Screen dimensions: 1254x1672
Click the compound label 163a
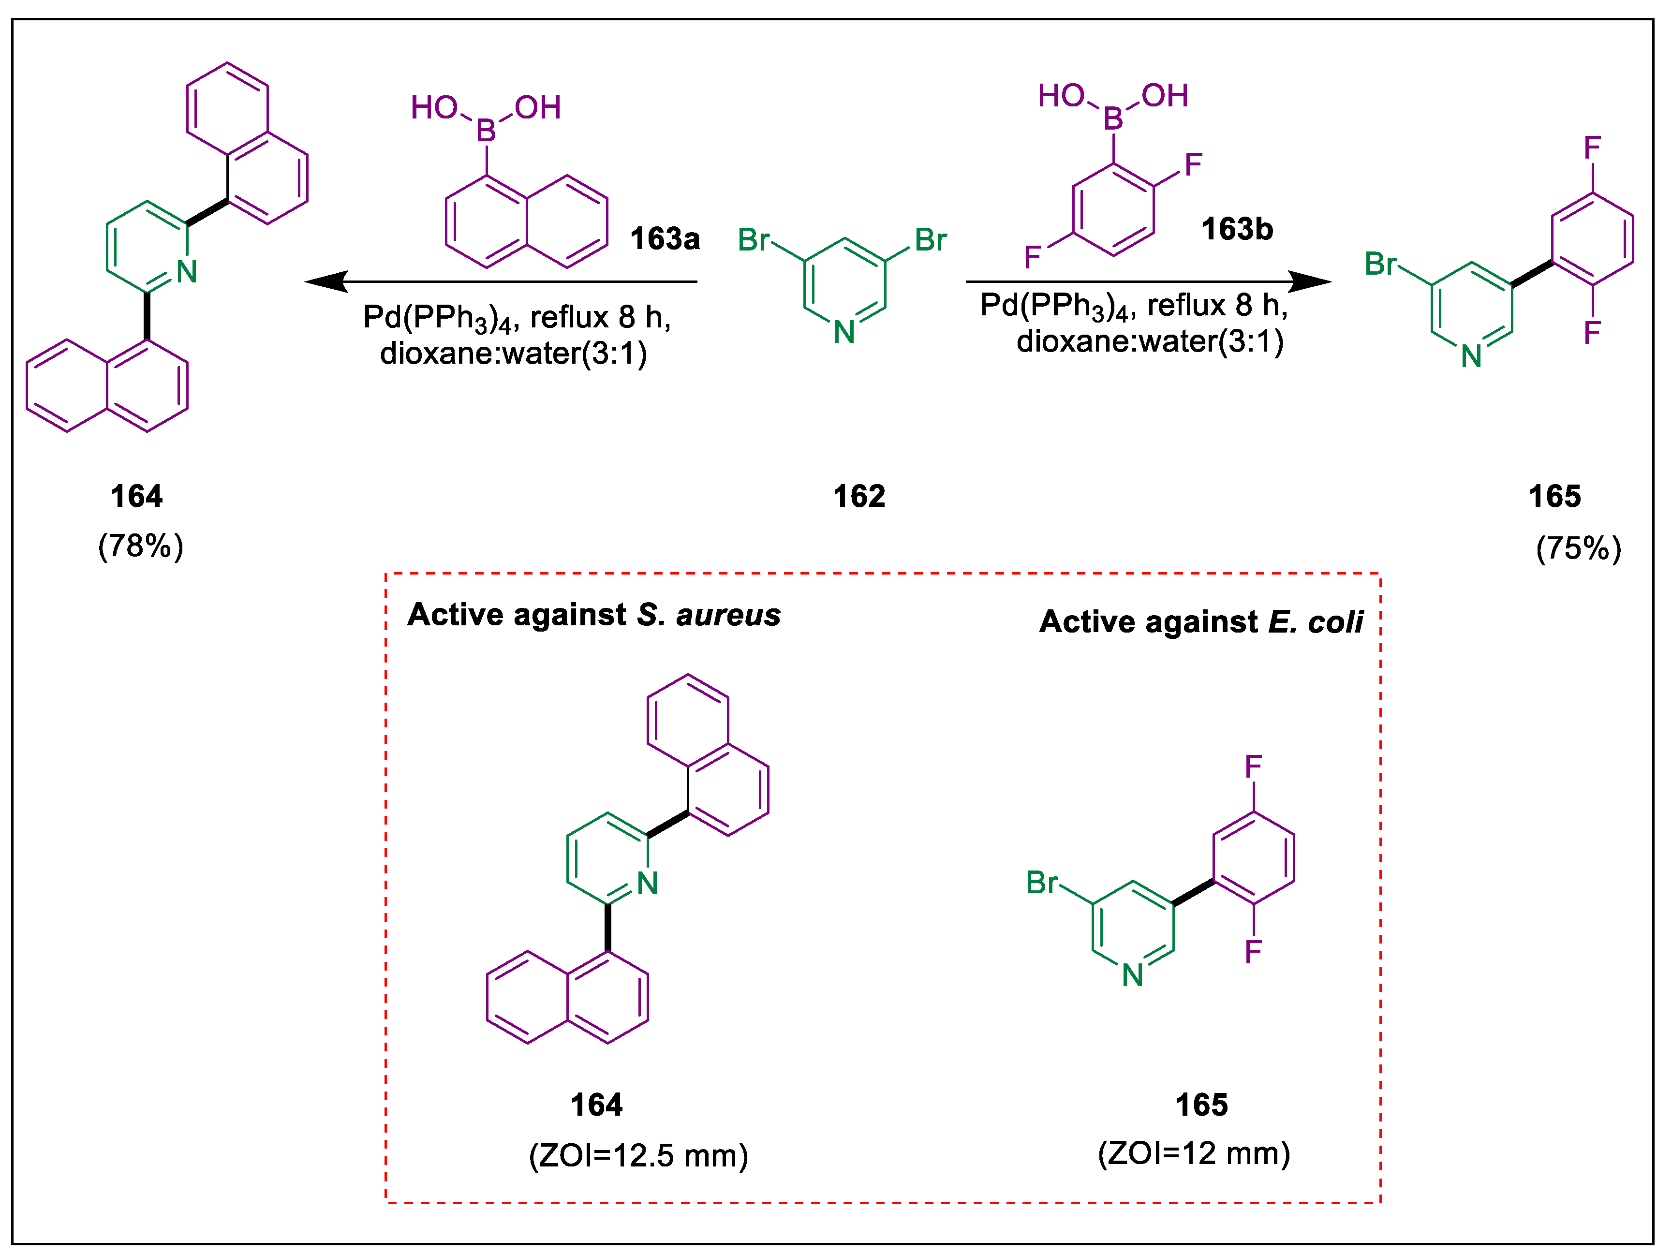point(665,239)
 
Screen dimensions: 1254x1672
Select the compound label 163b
point(1237,229)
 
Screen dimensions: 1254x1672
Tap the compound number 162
point(858,497)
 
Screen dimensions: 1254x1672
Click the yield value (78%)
point(141,546)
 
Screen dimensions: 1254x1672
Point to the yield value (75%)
point(1578,548)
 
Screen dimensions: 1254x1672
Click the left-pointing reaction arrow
point(499,282)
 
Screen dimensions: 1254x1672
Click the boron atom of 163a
point(486,132)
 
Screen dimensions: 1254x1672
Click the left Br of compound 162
point(753,240)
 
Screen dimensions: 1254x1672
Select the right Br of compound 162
point(931,240)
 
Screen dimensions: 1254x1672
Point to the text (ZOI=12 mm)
point(1194,1153)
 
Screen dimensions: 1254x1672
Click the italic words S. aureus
point(708,615)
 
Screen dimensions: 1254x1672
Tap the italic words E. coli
point(1315,622)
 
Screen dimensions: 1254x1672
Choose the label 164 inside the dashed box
point(596,1105)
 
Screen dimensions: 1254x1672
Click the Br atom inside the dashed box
point(1042,882)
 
